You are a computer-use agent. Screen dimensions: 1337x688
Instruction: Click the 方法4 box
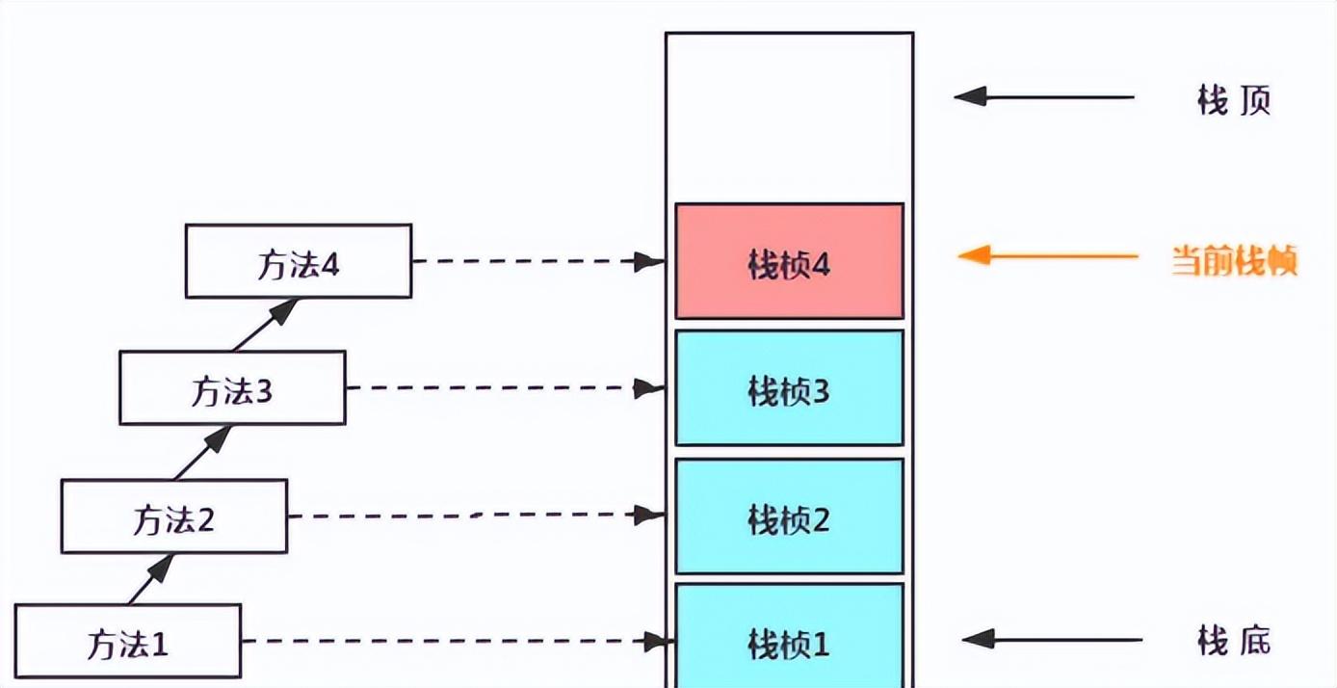(x=299, y=261)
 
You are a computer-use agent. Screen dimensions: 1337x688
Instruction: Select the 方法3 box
(x=233, y=387)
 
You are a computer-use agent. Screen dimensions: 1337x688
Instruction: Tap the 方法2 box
(x=174, y=516)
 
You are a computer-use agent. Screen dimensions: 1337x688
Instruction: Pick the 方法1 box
(x=128, y=642)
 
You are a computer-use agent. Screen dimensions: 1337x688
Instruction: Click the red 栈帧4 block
(x=790, y=261)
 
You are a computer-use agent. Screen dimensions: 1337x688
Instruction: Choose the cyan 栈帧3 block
(x=790, y=388)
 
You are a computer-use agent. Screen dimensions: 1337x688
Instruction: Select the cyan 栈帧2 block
(x=790, y=516)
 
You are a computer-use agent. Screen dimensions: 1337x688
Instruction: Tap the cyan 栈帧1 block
(x=790, y=636)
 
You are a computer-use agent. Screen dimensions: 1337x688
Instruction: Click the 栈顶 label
(x=1234, y=100)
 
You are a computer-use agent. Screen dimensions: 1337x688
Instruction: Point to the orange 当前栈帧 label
(x=1234, y=260)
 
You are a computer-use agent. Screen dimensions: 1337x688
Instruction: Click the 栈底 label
(x=1234, y=641)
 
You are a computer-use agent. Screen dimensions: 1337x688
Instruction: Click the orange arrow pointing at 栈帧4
(x=1048, y=255)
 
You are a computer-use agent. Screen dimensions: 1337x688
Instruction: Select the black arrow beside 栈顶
(x=1044, y=96)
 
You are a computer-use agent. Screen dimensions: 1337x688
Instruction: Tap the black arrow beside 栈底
(x=1052, y=639)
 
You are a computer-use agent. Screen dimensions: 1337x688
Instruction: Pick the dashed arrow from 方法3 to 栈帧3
(x=506, y=388)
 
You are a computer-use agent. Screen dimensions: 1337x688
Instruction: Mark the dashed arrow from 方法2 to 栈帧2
(x=477, y=515)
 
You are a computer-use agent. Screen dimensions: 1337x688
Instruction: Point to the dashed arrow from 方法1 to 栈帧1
(x=459, y=642)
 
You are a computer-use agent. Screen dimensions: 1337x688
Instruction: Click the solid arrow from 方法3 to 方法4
(x=266, y=325)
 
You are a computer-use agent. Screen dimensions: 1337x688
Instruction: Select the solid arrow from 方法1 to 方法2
(x=151, y=579)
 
